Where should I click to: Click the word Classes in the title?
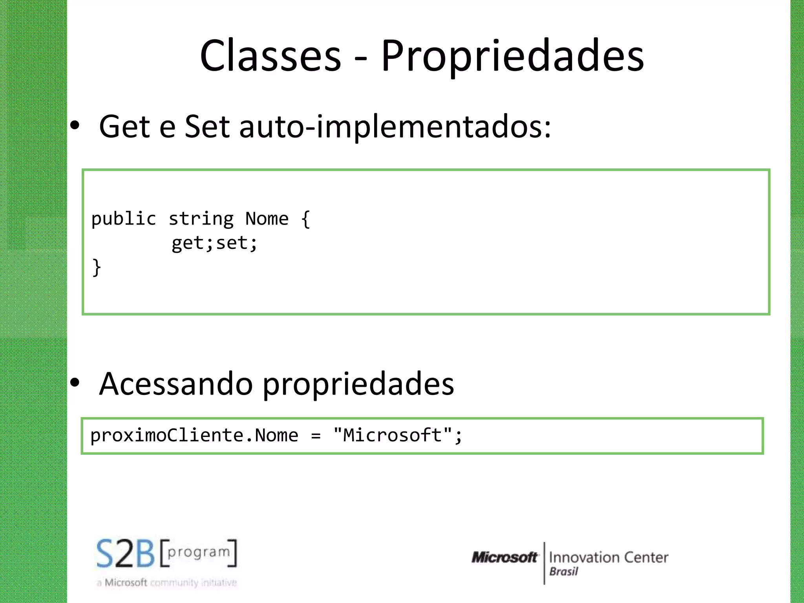point(270,56)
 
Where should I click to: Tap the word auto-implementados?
point(395,127)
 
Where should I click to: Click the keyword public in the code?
point(124,219)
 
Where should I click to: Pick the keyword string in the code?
point(201,219)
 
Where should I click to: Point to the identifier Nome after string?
point(267,218)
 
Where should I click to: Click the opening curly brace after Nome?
point(306,219)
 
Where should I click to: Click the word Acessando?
point(176,384)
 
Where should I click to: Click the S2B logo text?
point(126,554)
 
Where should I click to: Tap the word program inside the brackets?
point(199,552)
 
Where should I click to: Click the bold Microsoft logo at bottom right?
point(504,557)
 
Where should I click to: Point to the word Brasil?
point(564,572)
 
